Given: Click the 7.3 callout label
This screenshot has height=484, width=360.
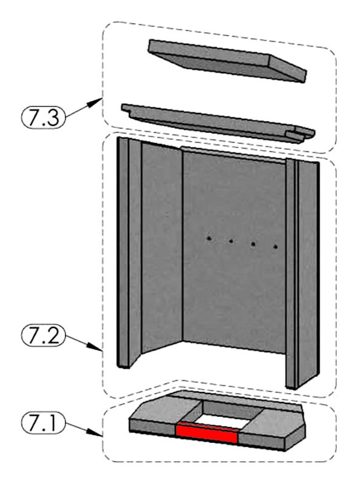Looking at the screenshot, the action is (x=43, y=116).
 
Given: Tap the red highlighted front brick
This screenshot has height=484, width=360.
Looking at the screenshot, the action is (x=206, y=433).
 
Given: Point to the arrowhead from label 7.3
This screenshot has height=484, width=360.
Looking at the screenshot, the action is (x=97, y=103).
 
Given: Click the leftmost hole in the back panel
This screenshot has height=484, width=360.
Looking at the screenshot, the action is (x=209, y=238).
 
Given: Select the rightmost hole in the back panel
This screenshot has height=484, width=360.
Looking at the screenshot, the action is (x=276, y=247).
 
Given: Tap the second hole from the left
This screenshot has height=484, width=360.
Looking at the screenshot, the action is (x=231, y=241).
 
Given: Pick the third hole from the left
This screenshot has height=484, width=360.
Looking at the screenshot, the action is (x=253, y=244).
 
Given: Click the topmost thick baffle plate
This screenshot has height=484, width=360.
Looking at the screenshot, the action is (x=227, y=60).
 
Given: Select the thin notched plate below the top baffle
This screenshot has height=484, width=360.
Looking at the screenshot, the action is (x=218, y=123).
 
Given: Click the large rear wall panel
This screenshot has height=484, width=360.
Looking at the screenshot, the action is (x=234, y=250).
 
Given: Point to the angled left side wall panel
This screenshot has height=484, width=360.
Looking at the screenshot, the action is (x=161, y=247).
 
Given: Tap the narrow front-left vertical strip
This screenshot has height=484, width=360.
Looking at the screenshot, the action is (x=123, y=252).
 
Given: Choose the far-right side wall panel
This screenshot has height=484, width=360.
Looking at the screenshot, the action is (x=308, y=273).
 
